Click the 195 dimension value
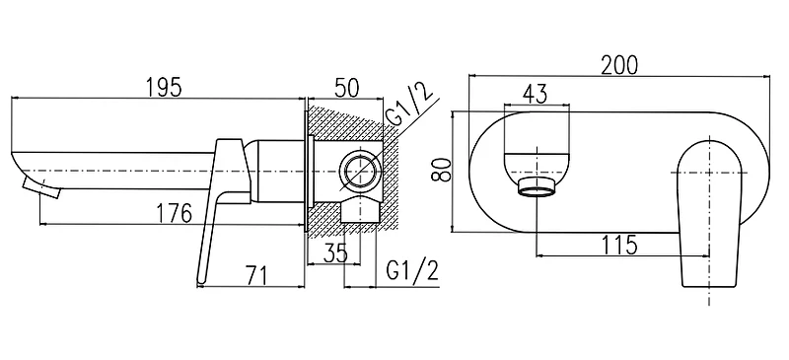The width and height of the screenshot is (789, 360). pyautogui.click(x=164, y=88)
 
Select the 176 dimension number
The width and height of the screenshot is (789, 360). pyautogui.click(x=173, y=213)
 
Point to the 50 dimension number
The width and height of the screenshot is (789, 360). pyautogui.click(x=346, y=88)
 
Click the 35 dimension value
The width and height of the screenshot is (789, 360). pyautogui.click(x=335, y=253)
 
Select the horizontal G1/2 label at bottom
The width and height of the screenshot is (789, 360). pyautogui.click(x=412, y=271)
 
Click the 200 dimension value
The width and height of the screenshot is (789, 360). pyautogui.click(x=619, y=65)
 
